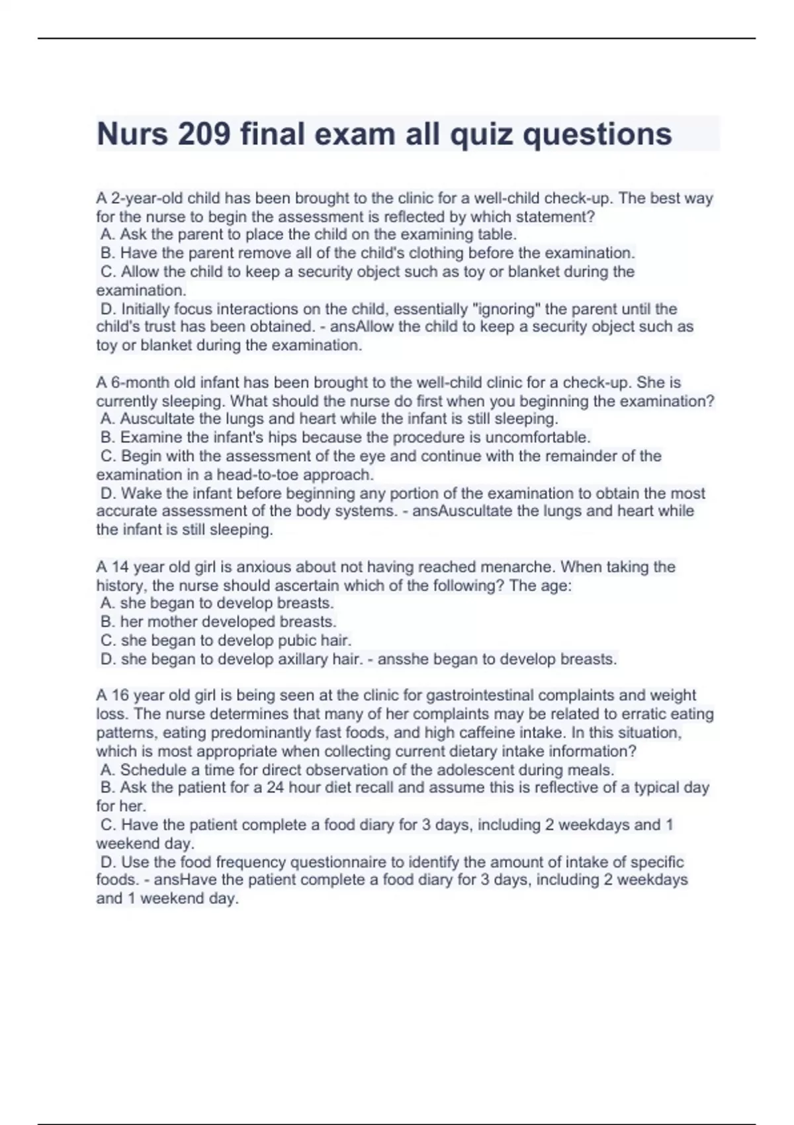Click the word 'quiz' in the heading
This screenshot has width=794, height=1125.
482,134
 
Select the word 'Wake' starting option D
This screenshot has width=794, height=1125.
137,494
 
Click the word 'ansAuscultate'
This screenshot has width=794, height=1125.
459,512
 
